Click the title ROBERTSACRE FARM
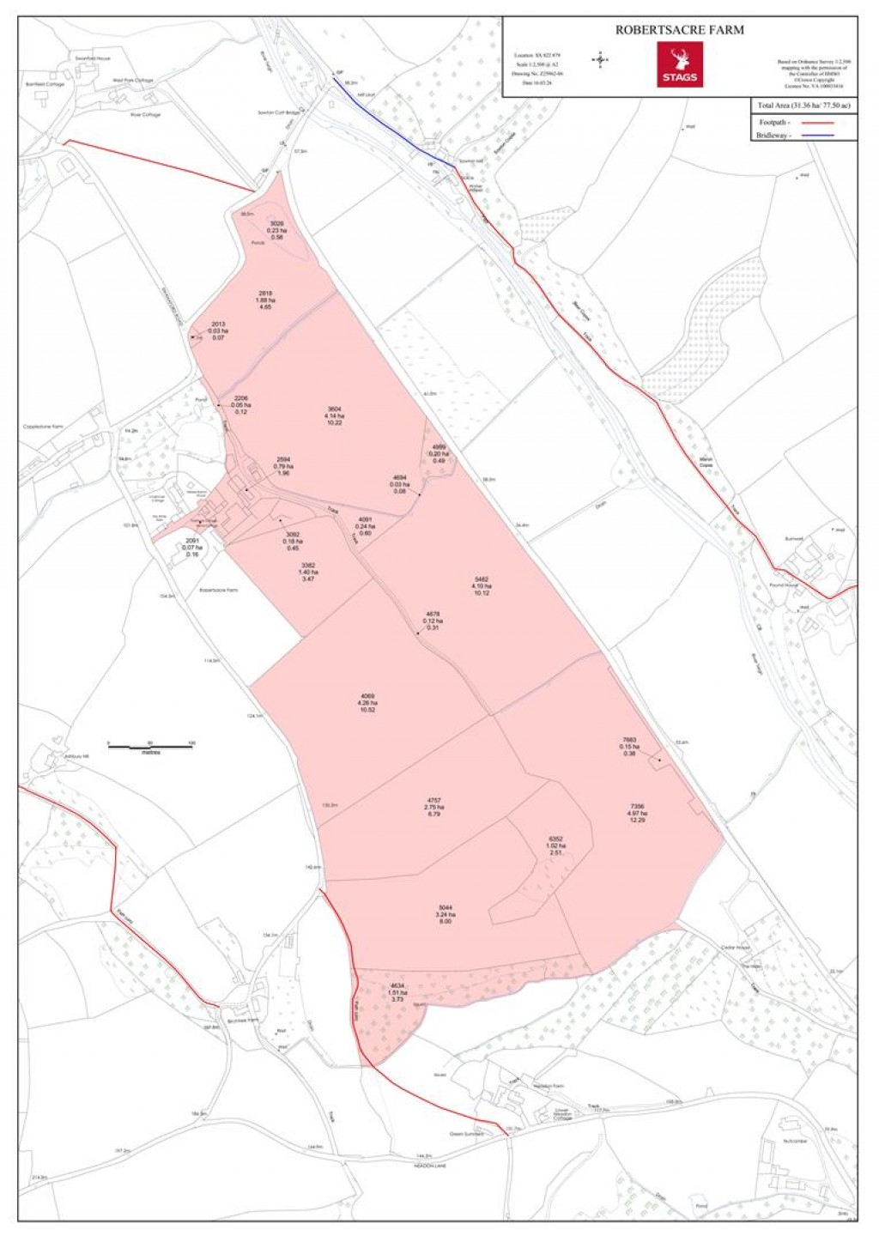click(x=679, y=30)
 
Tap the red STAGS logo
click(x=680, y=64)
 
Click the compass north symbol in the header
click(x=601, y=59)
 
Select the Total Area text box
click(x=803, y=106)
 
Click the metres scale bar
click(x=150, y=747)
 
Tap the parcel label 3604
click(x=335, y=409)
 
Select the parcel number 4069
click(x=367, y=696)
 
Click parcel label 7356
click(x=637, y=807)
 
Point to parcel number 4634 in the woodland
click(x=397, y=986)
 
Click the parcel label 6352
click(x=555, y=839)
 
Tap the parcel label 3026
click(x=276, y=224)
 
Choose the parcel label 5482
click(x=482, y=580)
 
